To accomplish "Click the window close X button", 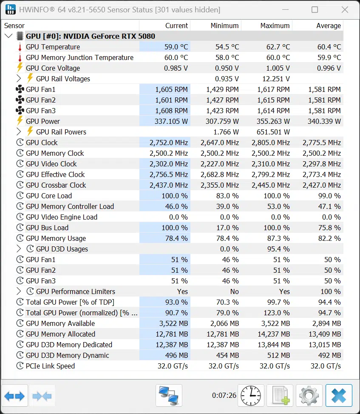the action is coord(345,10).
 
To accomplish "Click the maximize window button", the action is coord(315,10).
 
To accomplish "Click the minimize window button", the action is coord(285,10).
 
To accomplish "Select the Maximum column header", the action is coord(275,26).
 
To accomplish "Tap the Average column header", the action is coord(329,26).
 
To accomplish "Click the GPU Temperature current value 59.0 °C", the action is coord(176,47).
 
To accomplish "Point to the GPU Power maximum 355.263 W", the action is coord(273,121).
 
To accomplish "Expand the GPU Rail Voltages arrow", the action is coord(18,78).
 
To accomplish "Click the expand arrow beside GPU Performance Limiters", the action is coord(18,291).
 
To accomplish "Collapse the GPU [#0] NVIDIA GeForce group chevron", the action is coord(9,36).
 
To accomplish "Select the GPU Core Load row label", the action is coord(49,196).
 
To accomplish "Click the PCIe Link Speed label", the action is coord(51,366).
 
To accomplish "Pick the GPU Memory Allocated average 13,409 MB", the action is coord(325,334).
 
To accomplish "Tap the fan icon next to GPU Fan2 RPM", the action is coord(20,100).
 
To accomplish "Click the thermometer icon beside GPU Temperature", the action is coord(20,47).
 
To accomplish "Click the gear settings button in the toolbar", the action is coord(309,396).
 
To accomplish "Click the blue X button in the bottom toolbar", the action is coord(339,396).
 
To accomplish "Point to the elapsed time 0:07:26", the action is coord(224,395).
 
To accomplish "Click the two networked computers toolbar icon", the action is coord(169,396).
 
